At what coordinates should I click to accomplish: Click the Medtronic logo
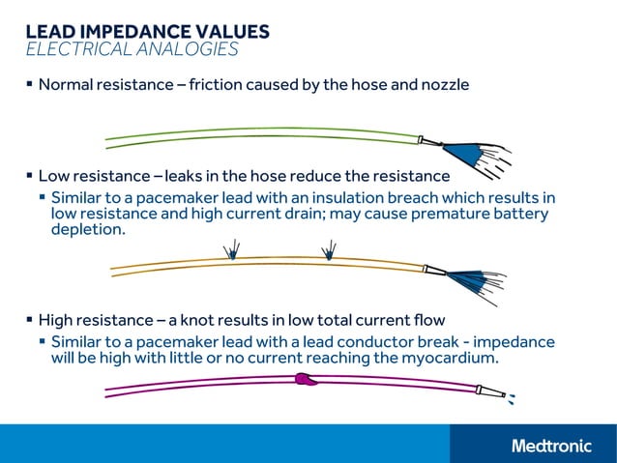tap(551, 446)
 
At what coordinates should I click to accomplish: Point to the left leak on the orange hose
tap(232, 252)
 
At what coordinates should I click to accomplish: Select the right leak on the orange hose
tap(329, 251)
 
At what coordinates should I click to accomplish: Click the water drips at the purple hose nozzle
tap(512, 397)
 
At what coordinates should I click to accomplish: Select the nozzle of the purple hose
tap(488, 391)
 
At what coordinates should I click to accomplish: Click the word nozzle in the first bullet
tap(445, 85)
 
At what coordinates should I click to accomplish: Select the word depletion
tap(88, 230)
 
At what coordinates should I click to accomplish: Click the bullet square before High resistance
tap(29, 319)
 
